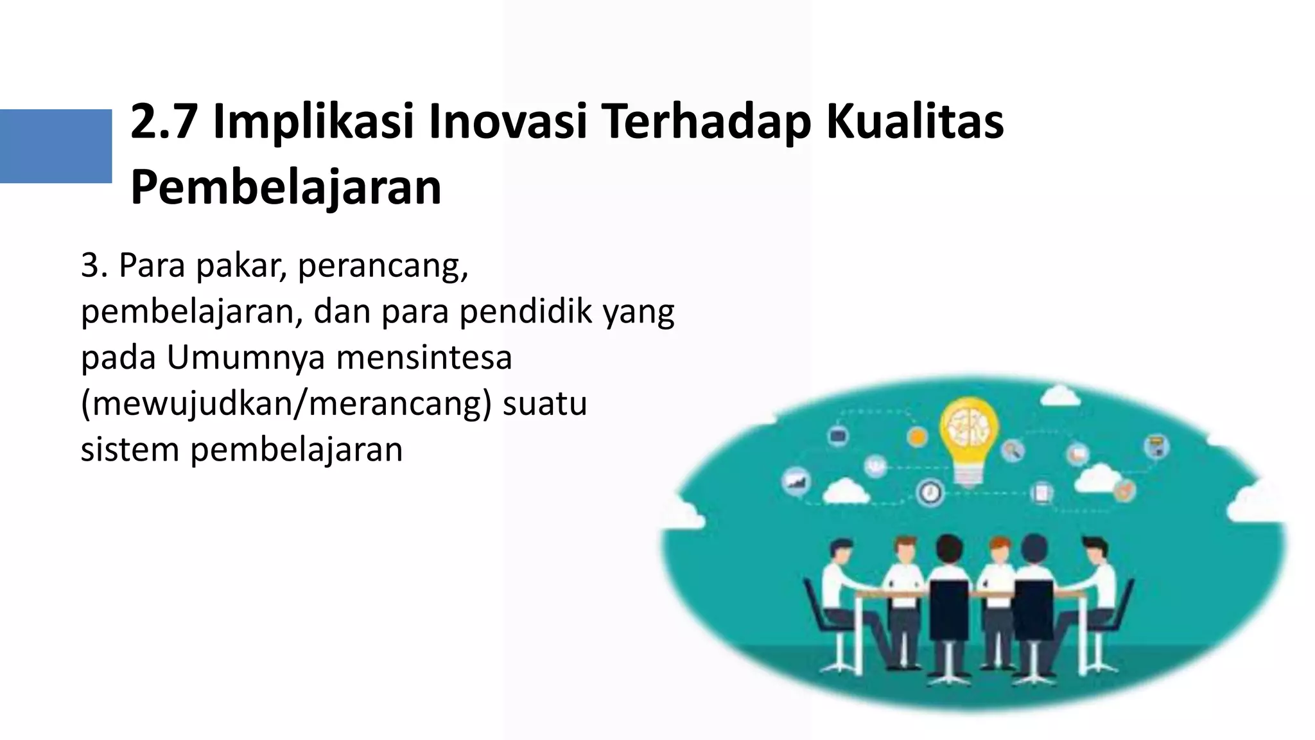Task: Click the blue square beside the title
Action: [56, 146]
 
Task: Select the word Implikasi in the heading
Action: [313, 122]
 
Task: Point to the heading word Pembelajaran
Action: [286, 188]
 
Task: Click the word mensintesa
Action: [424, 358]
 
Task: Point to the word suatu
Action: [544, 404]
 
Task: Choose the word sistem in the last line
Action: [130, 450]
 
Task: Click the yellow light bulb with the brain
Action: [969, 434]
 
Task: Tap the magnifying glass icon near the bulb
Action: [1013, 450]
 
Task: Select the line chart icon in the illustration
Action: [796, 480]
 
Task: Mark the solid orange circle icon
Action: [918, 437]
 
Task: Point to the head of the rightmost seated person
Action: [1095, 549]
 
